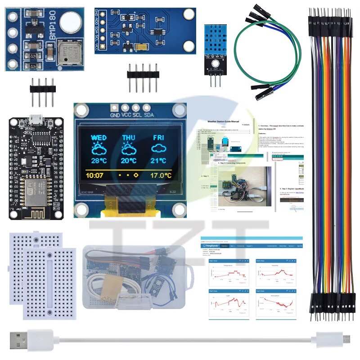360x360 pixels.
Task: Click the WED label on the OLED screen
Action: click(x=99, y=137)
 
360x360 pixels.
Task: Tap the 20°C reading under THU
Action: click(x=128, y=161)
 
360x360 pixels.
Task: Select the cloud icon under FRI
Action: click(x=158, y=149)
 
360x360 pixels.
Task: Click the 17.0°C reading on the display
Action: click(x=162, y=175)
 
